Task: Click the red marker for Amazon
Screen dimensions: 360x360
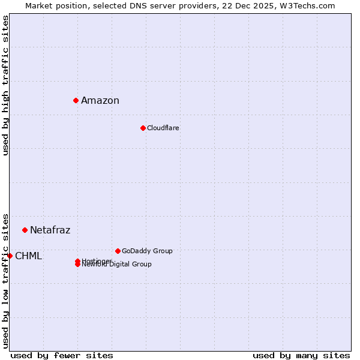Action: tap(76, 100)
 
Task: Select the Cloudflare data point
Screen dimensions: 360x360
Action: tap(143, 128)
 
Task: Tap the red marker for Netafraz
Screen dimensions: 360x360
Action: tap(25, 230)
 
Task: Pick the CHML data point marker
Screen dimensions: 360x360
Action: tap(10, 256)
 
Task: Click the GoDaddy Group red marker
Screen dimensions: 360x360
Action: tap(118, 251)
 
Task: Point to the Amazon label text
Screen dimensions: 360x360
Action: tap(100, 100)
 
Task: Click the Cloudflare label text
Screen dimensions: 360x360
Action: tap(163, 128)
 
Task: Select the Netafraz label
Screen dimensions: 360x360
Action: tap(50, 230)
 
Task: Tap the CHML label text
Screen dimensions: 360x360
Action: tap(28, 256)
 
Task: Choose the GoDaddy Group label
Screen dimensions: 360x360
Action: tap(147, 251)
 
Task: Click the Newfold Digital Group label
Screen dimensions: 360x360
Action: tap(117, 265)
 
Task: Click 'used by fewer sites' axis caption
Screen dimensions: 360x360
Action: tap(62, 355)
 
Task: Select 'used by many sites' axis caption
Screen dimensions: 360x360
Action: tap(301, 355)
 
